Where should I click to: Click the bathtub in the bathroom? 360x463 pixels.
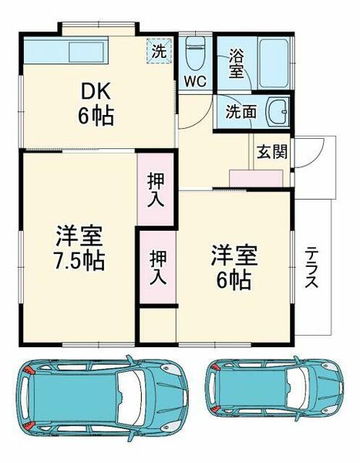pyautogui.click(x=272, y=62)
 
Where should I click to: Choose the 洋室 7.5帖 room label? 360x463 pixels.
pyautogui.click(x=79, y=247)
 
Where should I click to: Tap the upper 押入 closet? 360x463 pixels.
pyautogui.click(x=157, y=188)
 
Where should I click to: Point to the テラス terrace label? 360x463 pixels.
pyautogui.click(x=311, y=267)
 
